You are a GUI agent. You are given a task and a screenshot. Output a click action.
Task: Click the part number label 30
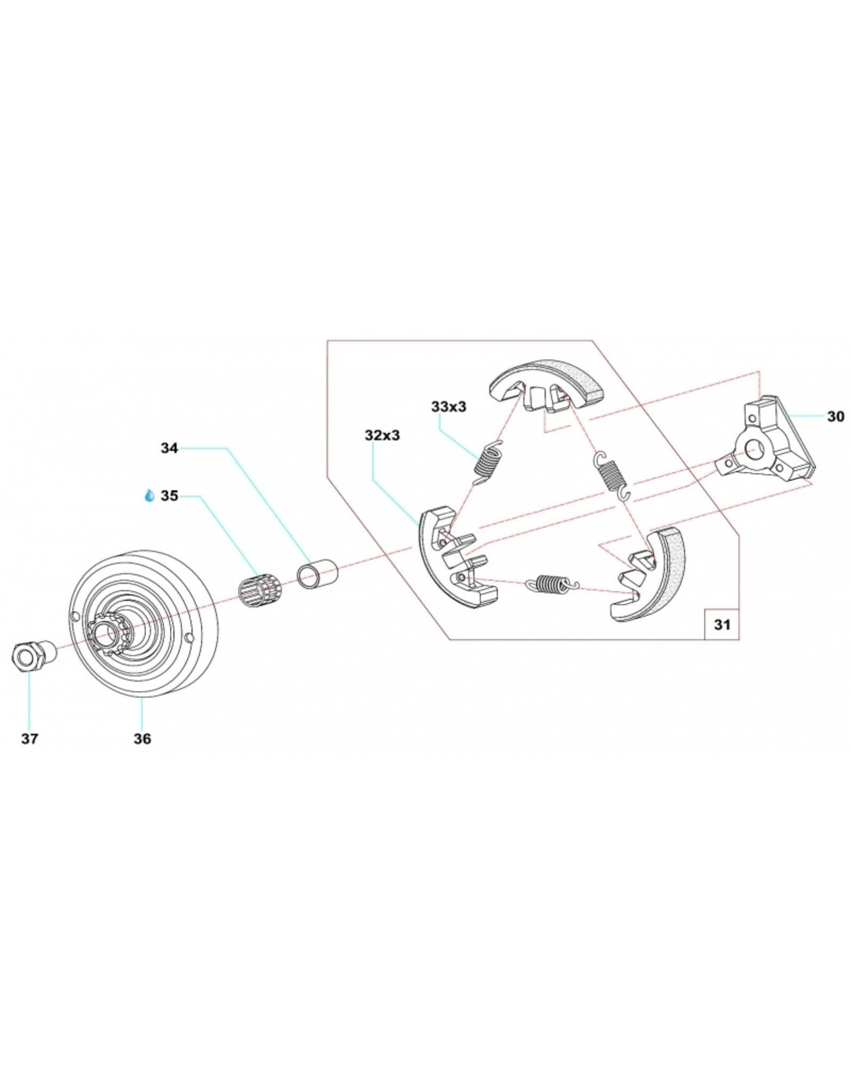point(835,416)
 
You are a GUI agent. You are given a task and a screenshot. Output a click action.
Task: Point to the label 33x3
point(448,407)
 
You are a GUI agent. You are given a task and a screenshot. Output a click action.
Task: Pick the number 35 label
point(169,496)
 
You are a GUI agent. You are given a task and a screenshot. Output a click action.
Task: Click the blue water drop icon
point(151,496)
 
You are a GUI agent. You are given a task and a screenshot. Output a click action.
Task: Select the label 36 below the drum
point(142,739)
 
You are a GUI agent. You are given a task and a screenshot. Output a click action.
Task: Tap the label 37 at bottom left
point(30,739)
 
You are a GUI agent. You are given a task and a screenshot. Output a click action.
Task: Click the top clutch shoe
point(548,386)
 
